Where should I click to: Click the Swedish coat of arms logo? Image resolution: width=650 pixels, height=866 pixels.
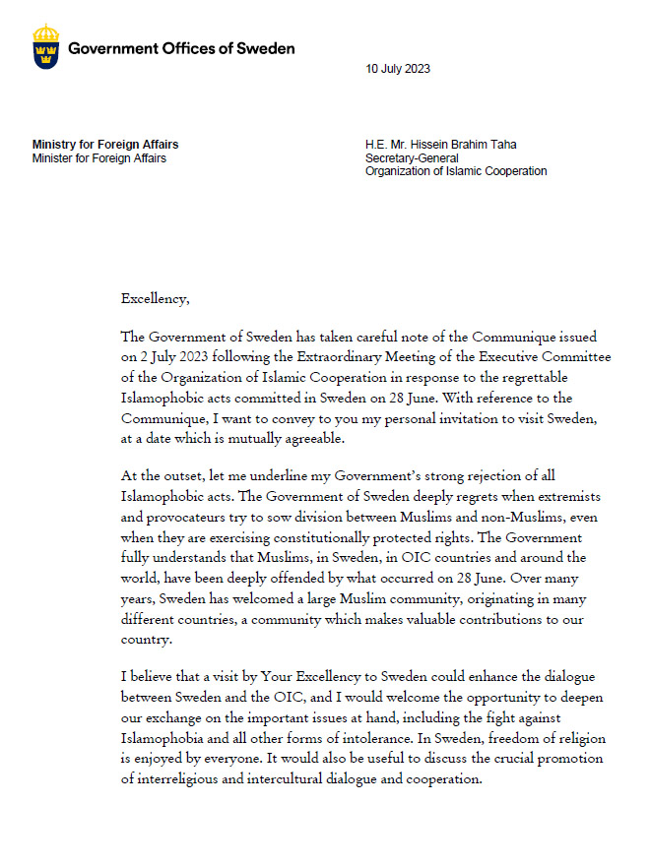click(x=45, y=46)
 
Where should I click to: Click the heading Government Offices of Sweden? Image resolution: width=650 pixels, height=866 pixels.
click(x=181, y=48)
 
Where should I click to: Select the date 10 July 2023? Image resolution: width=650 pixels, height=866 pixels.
click(x=398, y=69)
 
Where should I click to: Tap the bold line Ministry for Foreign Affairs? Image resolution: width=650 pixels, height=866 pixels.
click(x=105, y=145)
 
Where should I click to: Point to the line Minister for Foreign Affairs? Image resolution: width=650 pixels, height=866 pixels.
click(x=98, y=158)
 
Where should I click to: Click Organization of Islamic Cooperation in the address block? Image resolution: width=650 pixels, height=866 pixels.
click(x=456, y=171)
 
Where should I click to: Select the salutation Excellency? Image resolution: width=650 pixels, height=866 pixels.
click(x=155, y=298)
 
